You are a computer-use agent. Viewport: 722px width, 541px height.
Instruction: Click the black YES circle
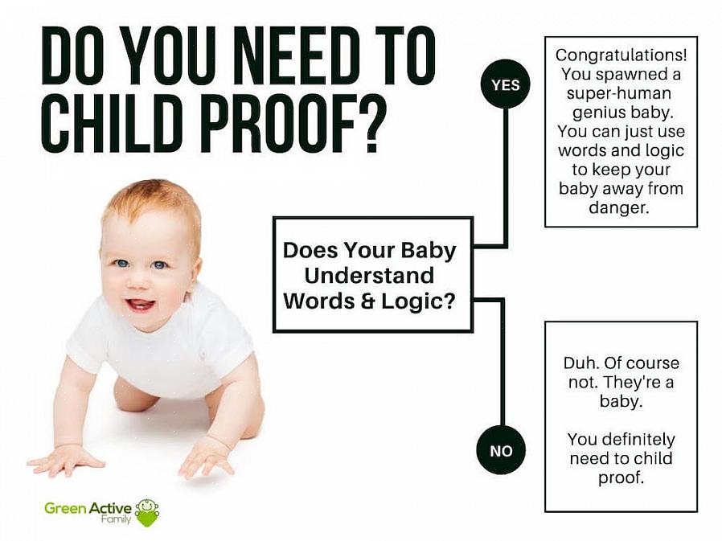click(506, 84)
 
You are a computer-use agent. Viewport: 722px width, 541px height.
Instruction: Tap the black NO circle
click(501, 450)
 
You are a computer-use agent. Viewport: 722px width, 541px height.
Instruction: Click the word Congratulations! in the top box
click(621, 55)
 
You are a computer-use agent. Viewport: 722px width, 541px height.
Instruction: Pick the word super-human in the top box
click(619, 93)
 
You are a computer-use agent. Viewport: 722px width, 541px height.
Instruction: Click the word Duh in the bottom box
click(580, 363)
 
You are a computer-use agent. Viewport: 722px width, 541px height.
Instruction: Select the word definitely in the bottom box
click(644, 439)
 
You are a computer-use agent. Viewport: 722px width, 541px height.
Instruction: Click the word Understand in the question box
click(369, 276)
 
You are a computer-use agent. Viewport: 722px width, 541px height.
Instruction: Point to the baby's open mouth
click(141, 305)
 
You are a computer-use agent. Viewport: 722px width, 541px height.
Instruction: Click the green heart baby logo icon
click(147, 512)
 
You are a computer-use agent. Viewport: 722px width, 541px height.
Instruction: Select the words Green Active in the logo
click(88, 508)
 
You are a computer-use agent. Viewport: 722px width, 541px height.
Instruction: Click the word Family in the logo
click(116, 519)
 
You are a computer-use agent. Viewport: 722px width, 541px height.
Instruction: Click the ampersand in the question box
click(368, 301)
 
